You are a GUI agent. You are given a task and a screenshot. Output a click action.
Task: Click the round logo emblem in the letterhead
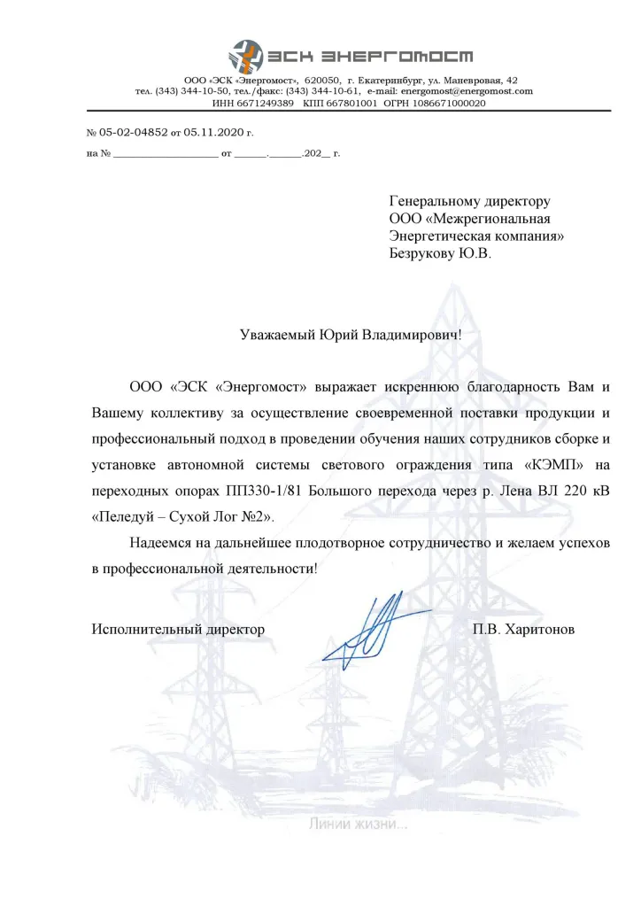coord(246,57)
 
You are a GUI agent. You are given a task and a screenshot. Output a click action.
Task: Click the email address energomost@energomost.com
coord(467,91)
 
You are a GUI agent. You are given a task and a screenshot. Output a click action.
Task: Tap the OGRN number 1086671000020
coord(444,103)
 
